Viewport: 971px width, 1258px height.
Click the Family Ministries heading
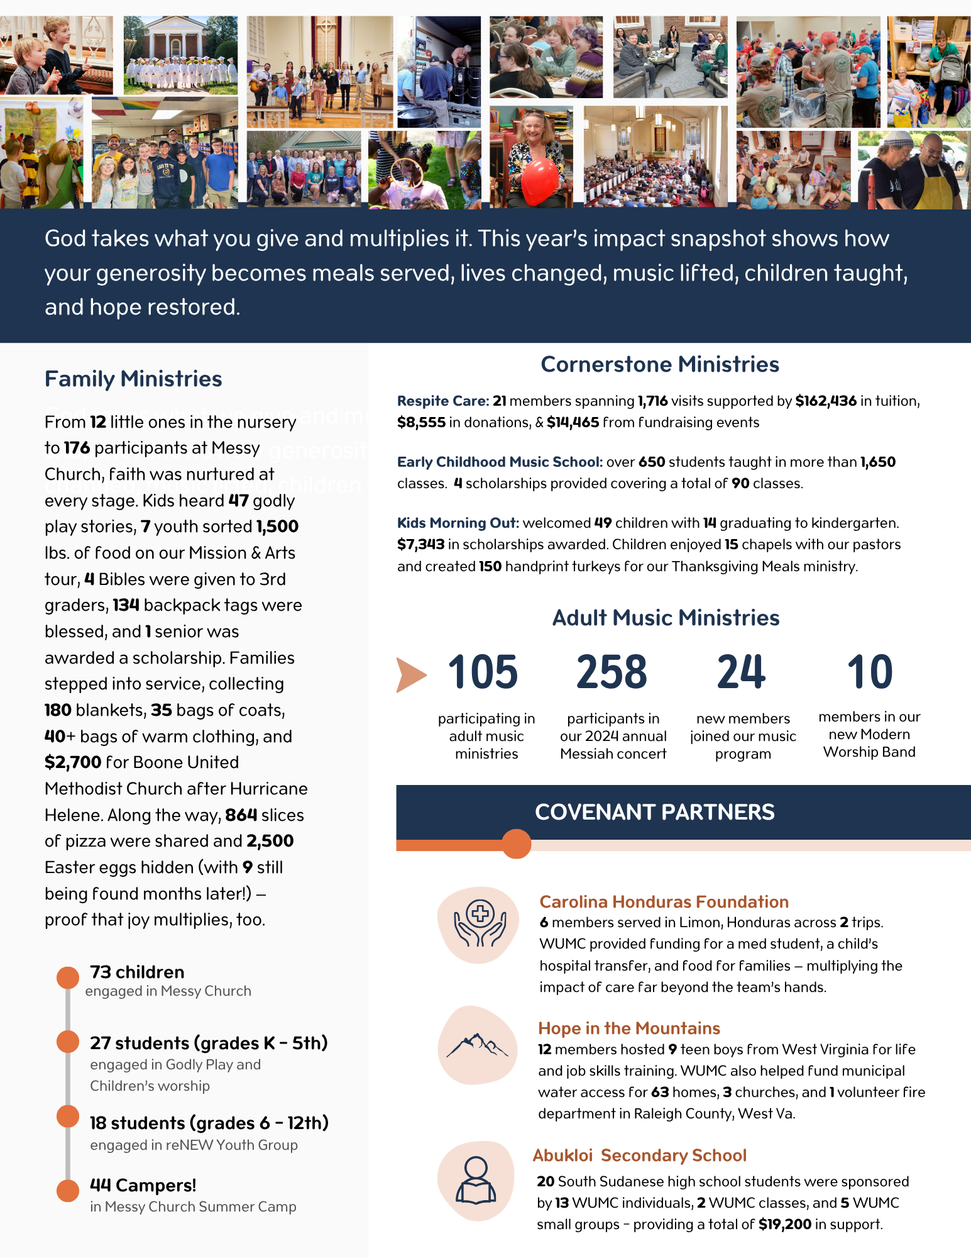pyautogui.click(x=133, y=379)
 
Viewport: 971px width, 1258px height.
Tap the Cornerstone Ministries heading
pyautogui.click(x=660, y=365)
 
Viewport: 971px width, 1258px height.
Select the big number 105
pyautogui.click(x=483, y=672)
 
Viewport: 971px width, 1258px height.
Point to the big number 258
pyautogui.click(x=612, y=672)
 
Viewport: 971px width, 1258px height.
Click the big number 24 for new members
pyautogui.click(x=742, y=672)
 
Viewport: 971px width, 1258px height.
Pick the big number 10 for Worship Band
pyautogui.click(x=870, y=672)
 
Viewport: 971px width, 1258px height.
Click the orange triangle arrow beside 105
pyautogui.click(x=410, y=674)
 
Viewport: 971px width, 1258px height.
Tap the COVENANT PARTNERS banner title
pyautogui.click(x=654, y=812)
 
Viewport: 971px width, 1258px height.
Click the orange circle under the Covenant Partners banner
pyautogui.click(x=517, y=844)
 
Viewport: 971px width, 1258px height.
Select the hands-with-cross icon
pyautogui.click(x=480, y=924)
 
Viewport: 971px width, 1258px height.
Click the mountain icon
pyautogui.click(x=477, y=1045)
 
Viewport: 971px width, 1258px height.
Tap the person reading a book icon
pyautogui.click(x=476, y=1180)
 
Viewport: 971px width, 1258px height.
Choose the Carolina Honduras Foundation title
pyautogui.click(x=664, y=902)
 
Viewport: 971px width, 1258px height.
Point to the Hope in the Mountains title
pyautogui.click(x=629, y=1028)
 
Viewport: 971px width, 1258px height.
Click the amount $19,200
pyautogui.click(x=784, y=1224)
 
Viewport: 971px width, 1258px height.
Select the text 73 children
pyautogui.click(x=137, y=972)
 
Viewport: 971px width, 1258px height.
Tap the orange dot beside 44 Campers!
pyautogui.click(x=68, y=1190)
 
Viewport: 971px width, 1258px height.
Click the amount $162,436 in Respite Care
pyautogui.click(x=826, y=401)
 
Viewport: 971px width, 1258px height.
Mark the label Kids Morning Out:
pyautogui.click(x=458, y=523)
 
